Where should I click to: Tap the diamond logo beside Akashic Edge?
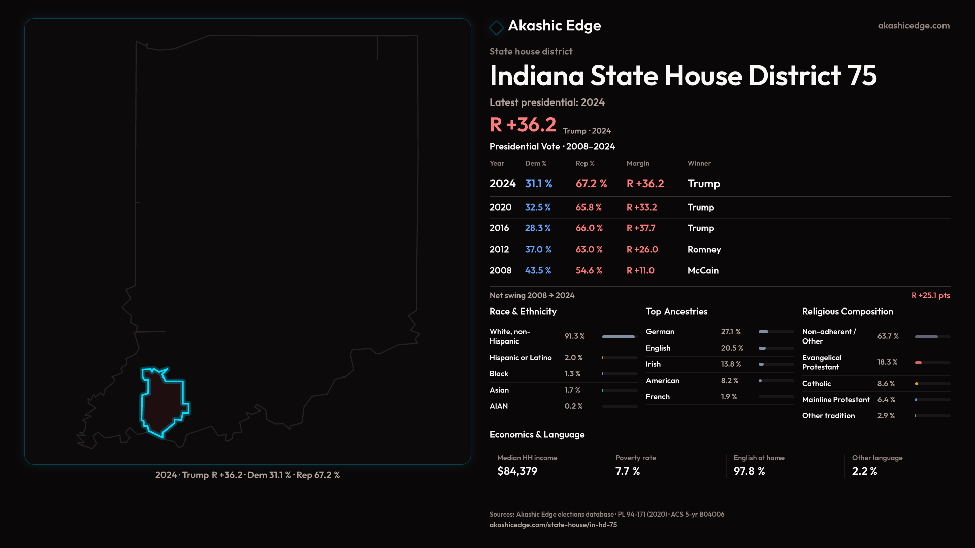click(x=496, y=27)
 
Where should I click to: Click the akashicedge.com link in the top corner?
click(x=913, y=26)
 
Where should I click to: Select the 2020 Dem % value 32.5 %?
click(x=538, y=208)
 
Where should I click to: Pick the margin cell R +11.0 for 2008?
click(x=640, y=271)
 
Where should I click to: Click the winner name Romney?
click(x=704, y=250)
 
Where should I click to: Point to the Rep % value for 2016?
click(x=589, y=228)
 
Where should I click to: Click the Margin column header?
click(x=638, y=163)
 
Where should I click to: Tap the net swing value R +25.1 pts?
click(x=930, y=296)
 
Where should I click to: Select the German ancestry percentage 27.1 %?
click(x=731, y=332)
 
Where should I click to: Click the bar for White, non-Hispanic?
click(x=619, y=337)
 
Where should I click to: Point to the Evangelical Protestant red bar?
click(x=918, y=363)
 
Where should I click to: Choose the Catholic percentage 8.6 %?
click(x=886, y=384)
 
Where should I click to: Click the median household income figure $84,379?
click(x=517, y=471)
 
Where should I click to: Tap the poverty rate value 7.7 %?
click(x=628, y=471)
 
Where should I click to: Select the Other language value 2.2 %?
click(x=864, y=471)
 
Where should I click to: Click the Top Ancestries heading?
click(x=676, y=312)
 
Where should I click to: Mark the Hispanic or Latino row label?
click(x=521, y=358)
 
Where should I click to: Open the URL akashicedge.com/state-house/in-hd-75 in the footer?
click(x=553, y=525)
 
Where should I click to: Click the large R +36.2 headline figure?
click(x=523, y=125)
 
